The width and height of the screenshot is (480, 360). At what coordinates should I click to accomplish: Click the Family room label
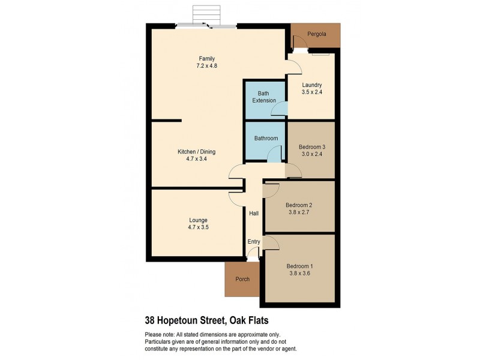tap(207, 58)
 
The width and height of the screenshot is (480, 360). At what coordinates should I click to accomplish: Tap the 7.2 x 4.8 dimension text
tap(207, 65)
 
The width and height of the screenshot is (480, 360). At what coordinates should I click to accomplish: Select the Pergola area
tap(316, 35)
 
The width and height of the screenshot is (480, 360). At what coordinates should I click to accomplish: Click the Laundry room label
tap(312, 85)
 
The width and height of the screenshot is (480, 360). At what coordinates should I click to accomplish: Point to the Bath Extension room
tap(264, 97)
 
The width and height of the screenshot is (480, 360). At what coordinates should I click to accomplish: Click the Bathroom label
tap(266, 138)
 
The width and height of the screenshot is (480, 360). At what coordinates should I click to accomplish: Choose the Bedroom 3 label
tap(311, 146)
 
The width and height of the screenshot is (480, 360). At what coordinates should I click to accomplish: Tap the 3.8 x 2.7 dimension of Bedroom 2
tap(299, 212)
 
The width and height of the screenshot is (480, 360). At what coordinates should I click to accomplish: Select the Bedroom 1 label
tap(299, 266)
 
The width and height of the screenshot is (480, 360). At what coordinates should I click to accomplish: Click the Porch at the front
tap(242, 279)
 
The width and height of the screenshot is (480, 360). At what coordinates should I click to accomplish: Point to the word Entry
tap(254, 242)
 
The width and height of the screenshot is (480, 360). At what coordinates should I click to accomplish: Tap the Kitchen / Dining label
tap(196, 152)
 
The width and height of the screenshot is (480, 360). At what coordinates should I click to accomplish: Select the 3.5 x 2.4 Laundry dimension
tap(312, 92)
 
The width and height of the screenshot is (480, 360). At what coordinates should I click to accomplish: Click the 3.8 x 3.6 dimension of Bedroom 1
tap(299, 273)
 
